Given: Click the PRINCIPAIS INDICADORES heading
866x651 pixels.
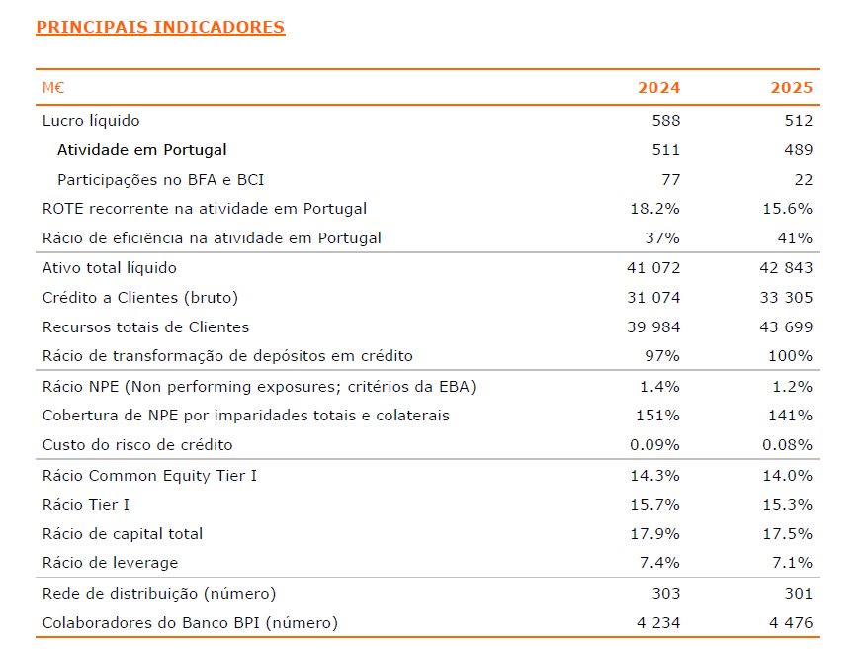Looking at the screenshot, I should tap(160, 27).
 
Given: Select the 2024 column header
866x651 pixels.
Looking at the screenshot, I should tap(658, 88).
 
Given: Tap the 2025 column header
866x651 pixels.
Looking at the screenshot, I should tap(791, 88).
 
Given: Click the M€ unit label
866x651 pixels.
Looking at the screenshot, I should tap(53, 88).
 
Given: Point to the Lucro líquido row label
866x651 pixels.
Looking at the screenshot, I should tap(91, 121).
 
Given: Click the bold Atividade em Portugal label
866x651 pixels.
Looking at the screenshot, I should tap(141, 150).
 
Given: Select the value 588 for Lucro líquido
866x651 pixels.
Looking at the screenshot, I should tap(665, 121).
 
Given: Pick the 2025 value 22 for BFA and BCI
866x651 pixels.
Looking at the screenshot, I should tap(803, 180).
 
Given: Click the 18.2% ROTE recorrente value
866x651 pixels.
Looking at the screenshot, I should tap(654, 209).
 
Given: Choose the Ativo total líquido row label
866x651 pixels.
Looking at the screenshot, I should tap(110, 268).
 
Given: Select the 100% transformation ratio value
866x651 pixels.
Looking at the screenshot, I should tap(790, 356).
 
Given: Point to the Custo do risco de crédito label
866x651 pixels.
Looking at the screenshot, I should tap(137, 445).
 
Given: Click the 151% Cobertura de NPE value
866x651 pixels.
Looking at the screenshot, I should tap(658, 416).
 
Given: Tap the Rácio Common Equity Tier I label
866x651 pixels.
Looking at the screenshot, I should tap(149, 476).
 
